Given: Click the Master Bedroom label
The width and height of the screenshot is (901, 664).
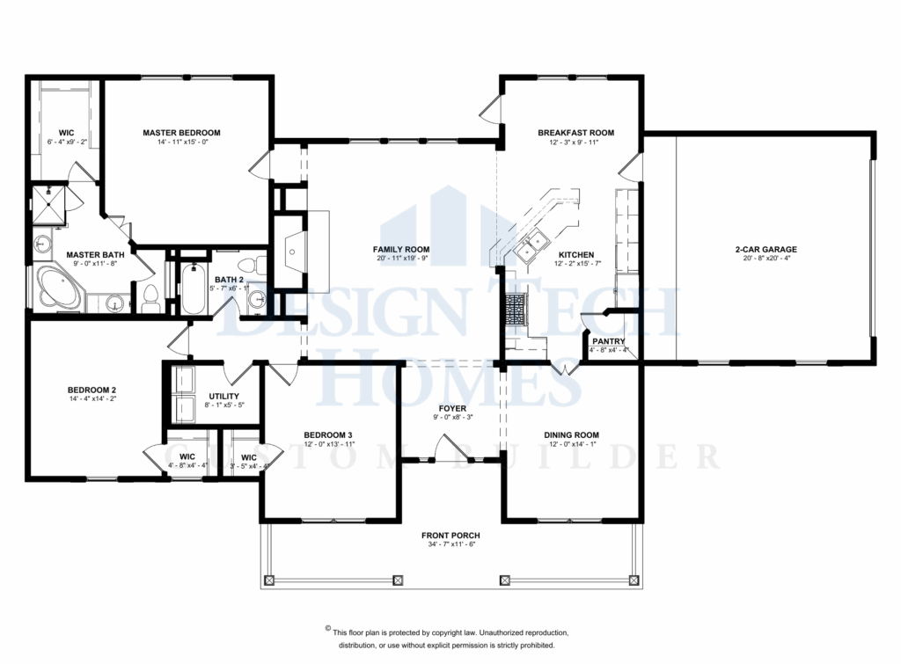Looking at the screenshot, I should (181, 133).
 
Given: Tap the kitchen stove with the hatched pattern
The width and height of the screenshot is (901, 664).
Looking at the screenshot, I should (515, 309).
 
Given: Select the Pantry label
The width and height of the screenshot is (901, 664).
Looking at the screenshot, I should (609, 340).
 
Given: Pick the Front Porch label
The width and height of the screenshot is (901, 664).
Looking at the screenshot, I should (450, 535).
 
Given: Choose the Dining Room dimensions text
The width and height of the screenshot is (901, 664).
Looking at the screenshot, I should (572, 445).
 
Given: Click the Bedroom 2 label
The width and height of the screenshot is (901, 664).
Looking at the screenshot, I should (92, 390).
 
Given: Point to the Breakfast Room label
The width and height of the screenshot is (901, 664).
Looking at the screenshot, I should (575, 133).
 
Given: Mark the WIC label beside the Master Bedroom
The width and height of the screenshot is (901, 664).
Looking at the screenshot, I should (66, 133).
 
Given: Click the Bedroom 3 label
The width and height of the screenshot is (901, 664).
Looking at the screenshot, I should (328, 434).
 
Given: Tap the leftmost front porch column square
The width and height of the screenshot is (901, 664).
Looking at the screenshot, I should (270, 580).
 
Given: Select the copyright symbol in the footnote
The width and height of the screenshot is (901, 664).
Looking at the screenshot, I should (328, 629).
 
